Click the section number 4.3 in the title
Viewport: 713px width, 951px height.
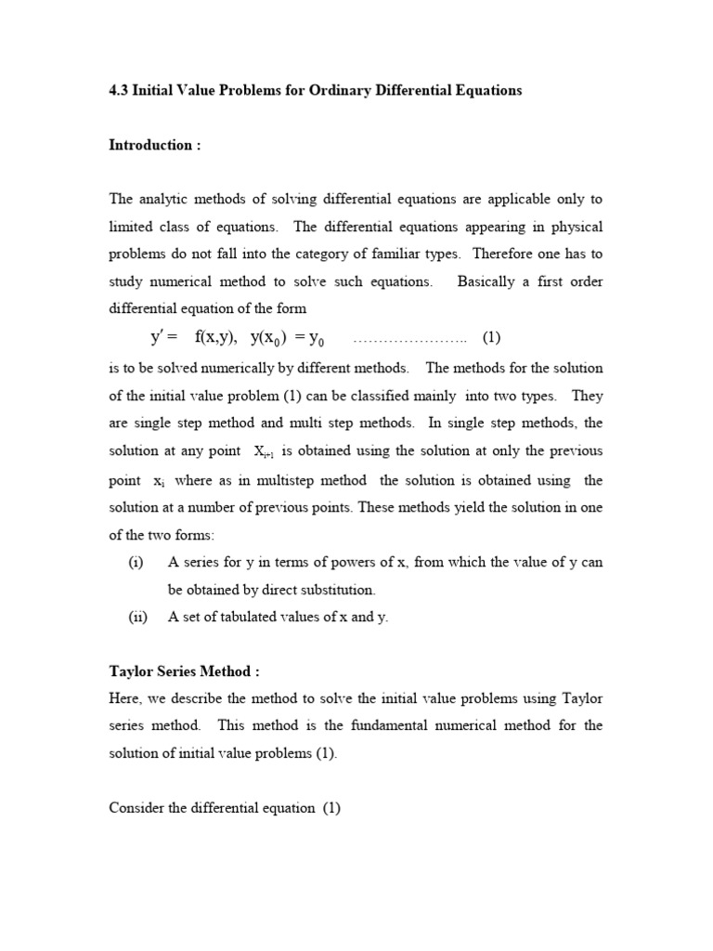click(x=120, y=90)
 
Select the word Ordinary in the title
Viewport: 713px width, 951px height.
click(x=343, y=90)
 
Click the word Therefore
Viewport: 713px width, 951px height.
click(x=515, y=254)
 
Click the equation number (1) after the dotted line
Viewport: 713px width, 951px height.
click(x=492, y=336)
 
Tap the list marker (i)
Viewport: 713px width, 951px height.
click(x=136, y=563)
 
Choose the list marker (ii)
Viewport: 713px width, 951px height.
click(x=136, y=617)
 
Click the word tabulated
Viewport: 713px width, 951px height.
click(x=245, y=617)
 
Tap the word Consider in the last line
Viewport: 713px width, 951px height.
click(x=136, y=808)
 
